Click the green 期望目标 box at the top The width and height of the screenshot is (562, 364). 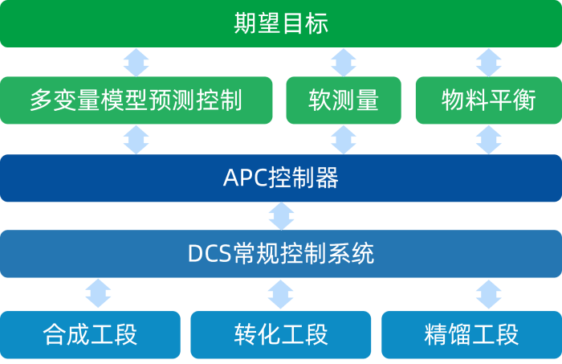click(281, 24)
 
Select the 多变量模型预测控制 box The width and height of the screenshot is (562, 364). click(136, 100)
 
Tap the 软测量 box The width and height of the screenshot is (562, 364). click(344, 100)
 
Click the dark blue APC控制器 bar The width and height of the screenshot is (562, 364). click(281, 178)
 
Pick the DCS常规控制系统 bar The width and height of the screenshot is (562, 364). click(281, 254)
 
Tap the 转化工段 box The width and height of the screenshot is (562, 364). click(281, 333)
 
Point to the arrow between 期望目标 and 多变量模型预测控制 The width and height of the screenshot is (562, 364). click(136, 62)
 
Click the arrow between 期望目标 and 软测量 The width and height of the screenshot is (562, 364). click(344, 62)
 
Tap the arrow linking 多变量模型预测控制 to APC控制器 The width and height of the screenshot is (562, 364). click(136, 139)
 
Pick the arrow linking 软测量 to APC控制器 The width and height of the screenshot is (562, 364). click(344, 139)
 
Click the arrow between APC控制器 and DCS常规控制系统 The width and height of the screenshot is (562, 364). click(281, 215)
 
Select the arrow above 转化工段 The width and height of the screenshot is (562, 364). click(281, 293)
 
